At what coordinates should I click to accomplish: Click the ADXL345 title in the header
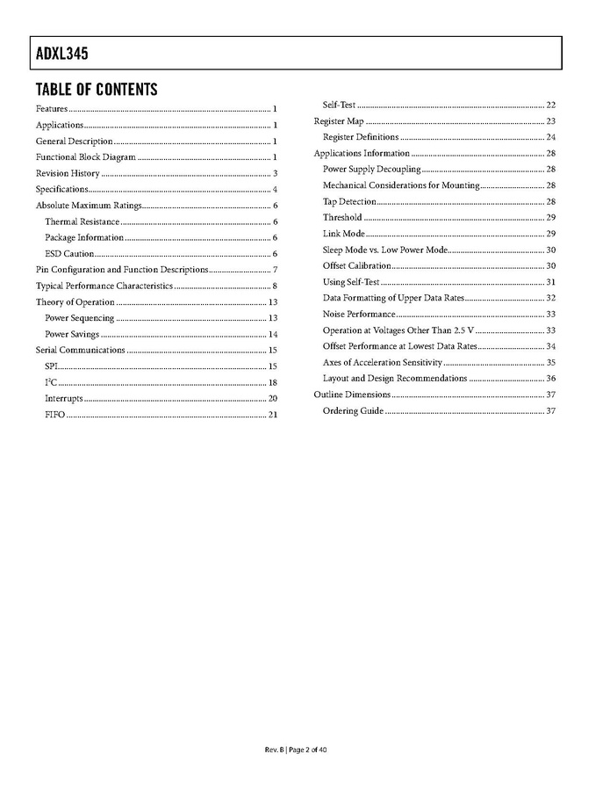click(x=62, y=54)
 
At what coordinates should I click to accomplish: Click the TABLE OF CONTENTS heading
click(x=97, y=90)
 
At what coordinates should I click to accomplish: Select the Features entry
click(x=51, y=108)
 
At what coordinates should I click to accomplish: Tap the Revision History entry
click(x=68, y=173)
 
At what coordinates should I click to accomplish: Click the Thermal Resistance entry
click(x=82, y=221)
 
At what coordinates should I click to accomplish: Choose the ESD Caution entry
click(x=69, y=254)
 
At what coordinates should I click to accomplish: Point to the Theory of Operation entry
click(x=75, y=302)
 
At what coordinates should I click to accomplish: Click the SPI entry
click(x=52, y=366)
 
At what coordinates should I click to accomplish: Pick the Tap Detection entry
click(x=349, y=202)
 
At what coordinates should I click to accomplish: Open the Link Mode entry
click(x=344, y=234)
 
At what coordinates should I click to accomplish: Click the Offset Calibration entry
click(x=356, y=266)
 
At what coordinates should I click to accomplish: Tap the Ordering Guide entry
click(x=353, y=411)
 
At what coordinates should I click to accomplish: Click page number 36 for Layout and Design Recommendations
click(x=551, y=379)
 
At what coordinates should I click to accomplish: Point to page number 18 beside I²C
click(x=273, y=382)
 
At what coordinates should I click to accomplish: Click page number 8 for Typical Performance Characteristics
click(x=275, y=286)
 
